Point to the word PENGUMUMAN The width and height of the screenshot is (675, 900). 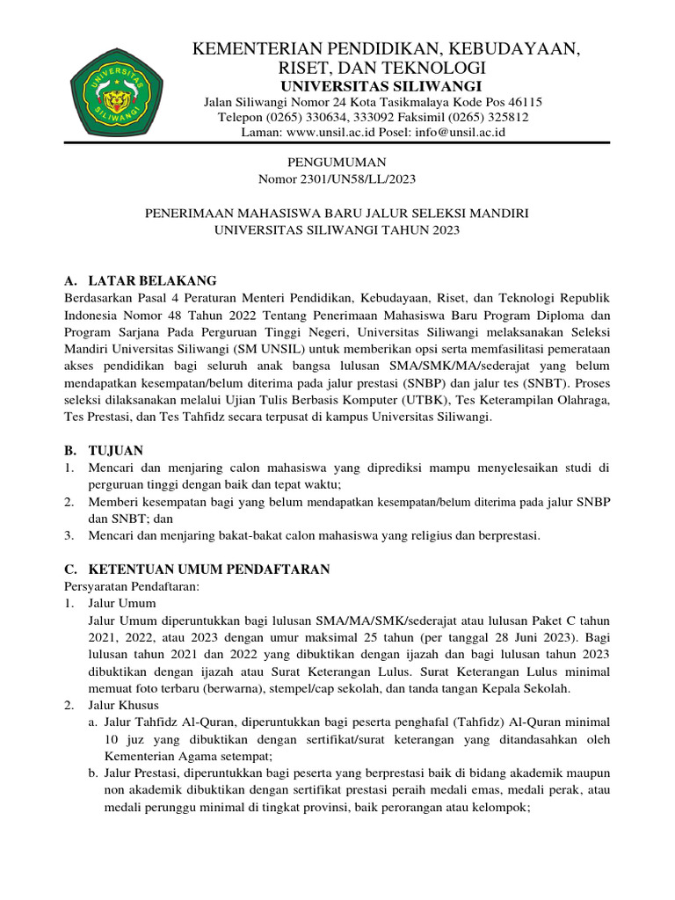(337, 163)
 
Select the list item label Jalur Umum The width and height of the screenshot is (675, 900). (122, 603)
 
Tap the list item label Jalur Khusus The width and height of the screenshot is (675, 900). (124, 704)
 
